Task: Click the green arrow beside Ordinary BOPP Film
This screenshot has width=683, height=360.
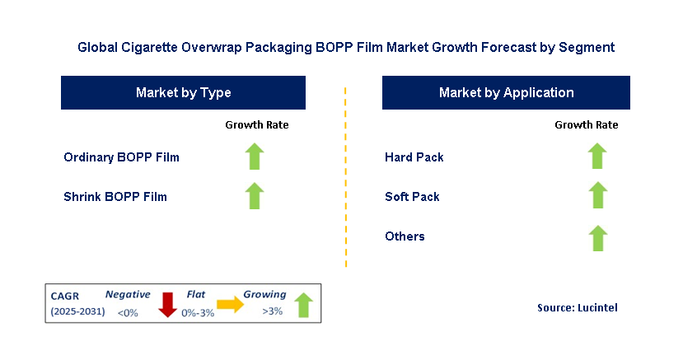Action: pyautogui.click(x=255, y=157)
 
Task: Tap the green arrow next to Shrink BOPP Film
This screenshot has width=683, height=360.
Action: pyautogui.click(x=255, y=196)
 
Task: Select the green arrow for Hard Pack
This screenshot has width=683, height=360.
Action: pyautogui.click(x=597, y=157)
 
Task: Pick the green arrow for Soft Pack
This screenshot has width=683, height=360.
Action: pyautogui.click(x=597, y=196)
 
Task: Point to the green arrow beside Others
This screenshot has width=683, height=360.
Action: pyautogui.click(x=597, y=237)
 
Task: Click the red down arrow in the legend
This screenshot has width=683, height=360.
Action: pyautogui.click(x=168, y=303)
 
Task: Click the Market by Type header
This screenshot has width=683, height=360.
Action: pyautogui.click(x=183, y=93)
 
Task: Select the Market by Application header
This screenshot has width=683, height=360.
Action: pyautogui.click(x=506, y=93)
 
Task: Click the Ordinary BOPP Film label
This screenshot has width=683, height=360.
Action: pyautogui.click(x=121, y=157)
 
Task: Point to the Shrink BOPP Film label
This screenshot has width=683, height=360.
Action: pyautogui.click(x=115, y=197)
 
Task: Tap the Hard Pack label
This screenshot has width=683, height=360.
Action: pyautogui.click(x=414, y=157)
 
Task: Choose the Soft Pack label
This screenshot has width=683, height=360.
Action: pyautogui.click(x=412, y=197)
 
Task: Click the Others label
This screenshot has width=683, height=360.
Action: pyautogui.click(x=405, y=236)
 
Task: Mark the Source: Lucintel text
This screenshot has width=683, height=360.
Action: pyautogui.click(x=576, y=307)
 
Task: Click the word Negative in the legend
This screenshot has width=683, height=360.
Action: pyautogui.click(x=128, y=294)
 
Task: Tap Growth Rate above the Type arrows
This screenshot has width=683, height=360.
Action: pyautogui.click(x=256, y=125)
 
